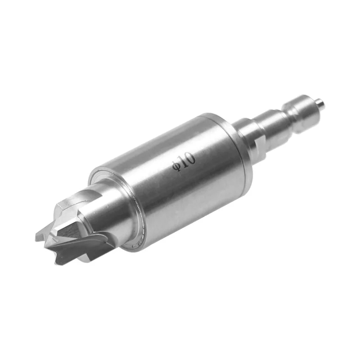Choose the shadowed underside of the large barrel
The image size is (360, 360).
tap(189, 211)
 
